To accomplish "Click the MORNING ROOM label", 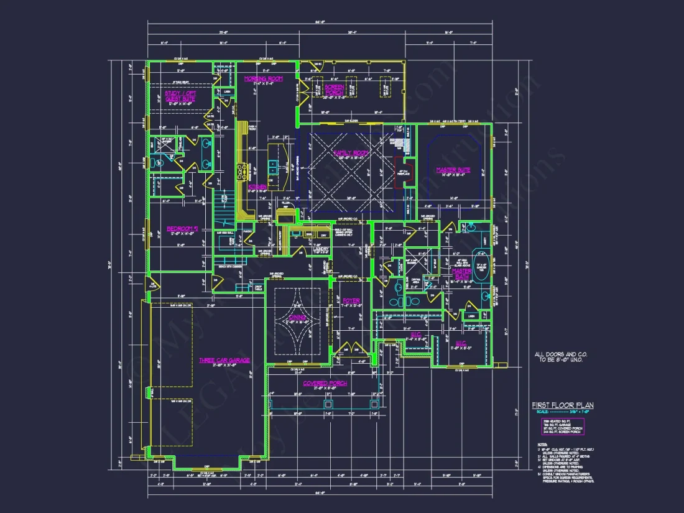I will tap(263, 79).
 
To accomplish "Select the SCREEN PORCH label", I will tap(334, 89).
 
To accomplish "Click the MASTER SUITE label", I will tap(453, 170).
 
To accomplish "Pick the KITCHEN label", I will tap(257, 186).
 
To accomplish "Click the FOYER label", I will tap(351, 301).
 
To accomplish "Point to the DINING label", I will tap(297, 318).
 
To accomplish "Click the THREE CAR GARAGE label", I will tap(224, 361).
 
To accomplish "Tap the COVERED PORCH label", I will tap(325, 384).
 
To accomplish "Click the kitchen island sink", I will tap(273, 167).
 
